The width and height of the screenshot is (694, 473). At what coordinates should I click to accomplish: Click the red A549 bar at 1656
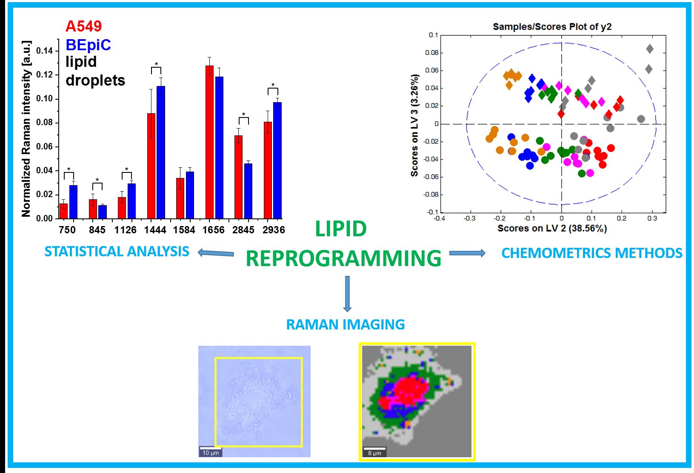[x=209, y=142]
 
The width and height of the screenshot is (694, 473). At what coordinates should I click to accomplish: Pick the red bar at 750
[x=63, y=211]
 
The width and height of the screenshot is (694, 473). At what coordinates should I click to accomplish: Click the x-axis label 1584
[x=184, y=230]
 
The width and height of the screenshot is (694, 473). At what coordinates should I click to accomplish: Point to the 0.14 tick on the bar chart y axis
[x=44, y=51]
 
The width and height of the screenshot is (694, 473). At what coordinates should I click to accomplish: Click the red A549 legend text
[x=83, y=26]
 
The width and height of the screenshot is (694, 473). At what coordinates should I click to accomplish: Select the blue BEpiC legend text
[x=88, y=45]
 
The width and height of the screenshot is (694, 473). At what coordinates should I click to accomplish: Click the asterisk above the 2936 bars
[x=273, y=85]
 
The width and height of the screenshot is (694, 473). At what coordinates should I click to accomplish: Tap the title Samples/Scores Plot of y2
[x=552, y=26]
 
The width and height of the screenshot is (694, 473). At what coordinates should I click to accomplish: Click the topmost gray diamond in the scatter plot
[x=649, y=49]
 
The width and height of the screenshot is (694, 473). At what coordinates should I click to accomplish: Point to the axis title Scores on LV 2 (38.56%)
[x=552, y=228]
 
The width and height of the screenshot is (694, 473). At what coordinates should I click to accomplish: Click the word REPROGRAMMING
[x=343, y=258]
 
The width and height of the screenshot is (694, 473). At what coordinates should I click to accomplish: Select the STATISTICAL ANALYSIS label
[x=117, y=252]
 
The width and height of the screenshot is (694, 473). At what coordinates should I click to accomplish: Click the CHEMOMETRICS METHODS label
[x=591, y=253]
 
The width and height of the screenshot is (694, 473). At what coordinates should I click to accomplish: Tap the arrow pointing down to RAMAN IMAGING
[x=347, y=294]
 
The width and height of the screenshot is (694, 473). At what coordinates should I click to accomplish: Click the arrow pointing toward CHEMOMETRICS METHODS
[x=467, y=253]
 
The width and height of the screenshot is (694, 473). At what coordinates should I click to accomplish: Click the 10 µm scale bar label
[x=211, y=453]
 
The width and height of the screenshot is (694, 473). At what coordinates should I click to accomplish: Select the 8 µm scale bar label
[x=374, y=453]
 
